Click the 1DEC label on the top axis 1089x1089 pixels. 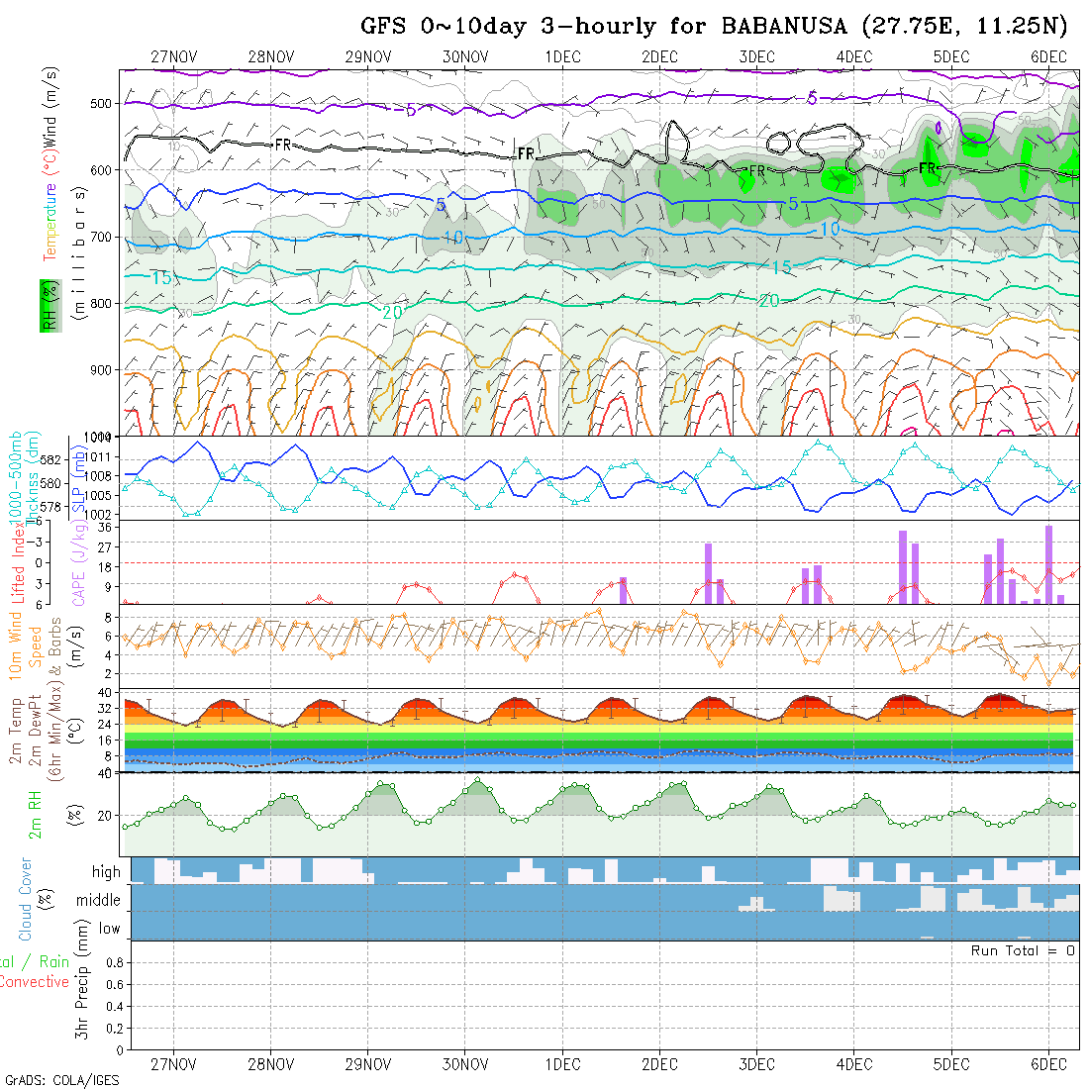[x=562, y=57]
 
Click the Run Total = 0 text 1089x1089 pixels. [x=1023, y=950]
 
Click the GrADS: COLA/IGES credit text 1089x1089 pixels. [x=61, y=1080]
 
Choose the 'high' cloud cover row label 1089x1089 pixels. [x=106, y=872]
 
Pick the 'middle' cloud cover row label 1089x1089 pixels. [x=99, y=901]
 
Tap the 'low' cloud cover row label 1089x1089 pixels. [x=109, y=929]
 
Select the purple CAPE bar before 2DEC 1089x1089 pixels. [x=623, y=590]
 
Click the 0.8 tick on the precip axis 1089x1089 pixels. [x=113, y=962]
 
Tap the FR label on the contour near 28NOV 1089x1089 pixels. [x=283, y=145]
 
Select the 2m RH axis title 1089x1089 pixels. [x=36, y=814]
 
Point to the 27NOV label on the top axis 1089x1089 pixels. [x=173, y=57]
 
